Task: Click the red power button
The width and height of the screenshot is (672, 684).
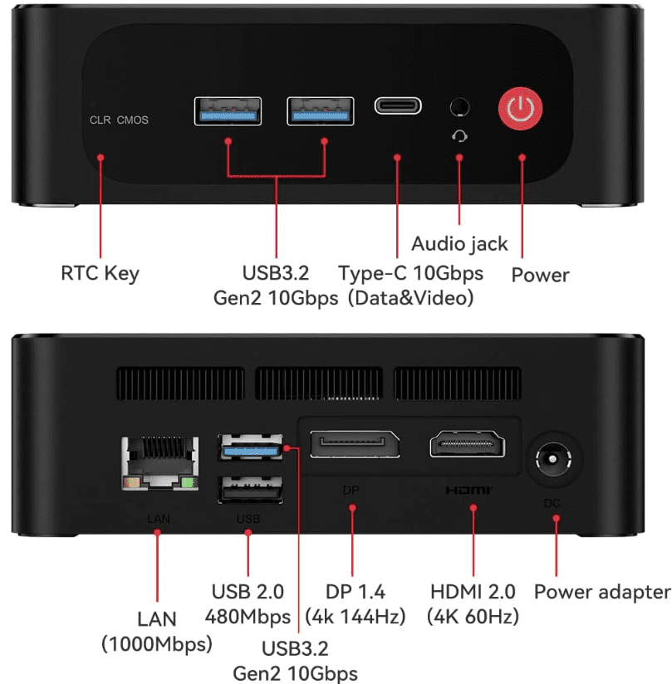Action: point(521,108)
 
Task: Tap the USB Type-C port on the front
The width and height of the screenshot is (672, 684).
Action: point(398,105)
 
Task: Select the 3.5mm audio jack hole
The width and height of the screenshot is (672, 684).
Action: point(459,107)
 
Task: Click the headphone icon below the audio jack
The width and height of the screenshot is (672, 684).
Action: point(459,136)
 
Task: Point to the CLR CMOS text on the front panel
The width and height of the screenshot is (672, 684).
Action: point(119,120)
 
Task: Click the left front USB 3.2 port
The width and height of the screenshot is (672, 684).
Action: point(228,111)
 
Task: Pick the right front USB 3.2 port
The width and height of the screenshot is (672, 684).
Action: point(321,111)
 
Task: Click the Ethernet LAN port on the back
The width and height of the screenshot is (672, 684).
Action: point(159,463)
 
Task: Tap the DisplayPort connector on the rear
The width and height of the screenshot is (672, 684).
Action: point(355,444)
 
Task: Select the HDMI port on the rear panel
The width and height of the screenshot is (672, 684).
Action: point(467,443)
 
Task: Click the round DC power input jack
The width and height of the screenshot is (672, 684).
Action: point(553,459)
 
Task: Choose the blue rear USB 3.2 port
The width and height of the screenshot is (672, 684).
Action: point(250,447)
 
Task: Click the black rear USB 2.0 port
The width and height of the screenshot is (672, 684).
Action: point(250,490)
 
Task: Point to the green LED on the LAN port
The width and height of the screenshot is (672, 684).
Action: point(188,482)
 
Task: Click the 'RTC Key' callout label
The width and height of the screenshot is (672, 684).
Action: point(100,273)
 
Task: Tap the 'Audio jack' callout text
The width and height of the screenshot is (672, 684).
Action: point(460,244)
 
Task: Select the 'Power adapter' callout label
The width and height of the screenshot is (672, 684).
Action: point(602,593)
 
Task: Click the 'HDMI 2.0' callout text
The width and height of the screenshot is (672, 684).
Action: point(473,592)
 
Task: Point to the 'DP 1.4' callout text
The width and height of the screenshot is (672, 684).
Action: point(356,592)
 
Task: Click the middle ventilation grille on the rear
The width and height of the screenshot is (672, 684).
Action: point(319,384)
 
